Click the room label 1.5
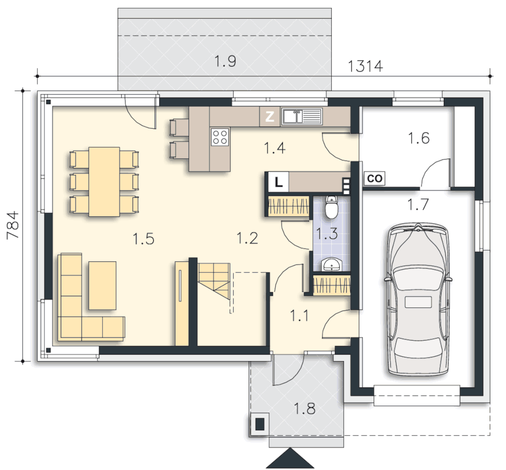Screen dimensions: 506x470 click(x=144, y=239)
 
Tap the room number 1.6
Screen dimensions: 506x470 click(x=419, y=138)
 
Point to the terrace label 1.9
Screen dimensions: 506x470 click(x=225, y=61)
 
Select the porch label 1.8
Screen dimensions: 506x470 click(x=304, y=409)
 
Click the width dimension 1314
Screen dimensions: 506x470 click(x=366, y=66)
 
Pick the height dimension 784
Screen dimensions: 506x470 click(x=13, y=225)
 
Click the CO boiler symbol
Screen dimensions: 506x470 click(x=374, y=178)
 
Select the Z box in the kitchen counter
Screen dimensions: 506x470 click(x=270, y=116)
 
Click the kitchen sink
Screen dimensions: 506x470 click(x=302, y=116)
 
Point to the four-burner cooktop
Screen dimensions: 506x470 click(x=220, y=137)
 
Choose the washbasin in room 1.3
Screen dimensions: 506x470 click(x=331, y=264)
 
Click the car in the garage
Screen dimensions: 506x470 click(x=418, y=299)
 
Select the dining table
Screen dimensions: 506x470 click(x=104, y=181)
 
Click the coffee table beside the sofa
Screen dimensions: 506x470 click(x=102, y=285)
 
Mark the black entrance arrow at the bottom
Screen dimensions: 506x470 click(x=290, y=458)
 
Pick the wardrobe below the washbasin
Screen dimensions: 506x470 click(x=332, y=285)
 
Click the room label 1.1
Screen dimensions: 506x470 click(x=299, y=315)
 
